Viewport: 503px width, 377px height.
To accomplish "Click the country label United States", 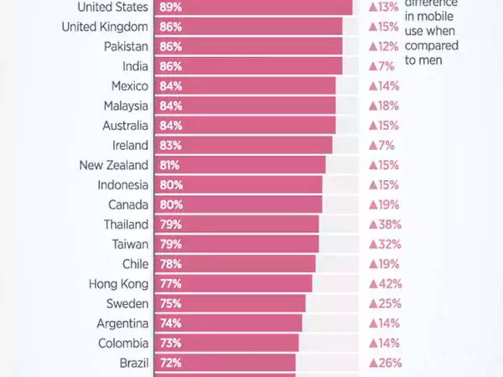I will tap(113, 7).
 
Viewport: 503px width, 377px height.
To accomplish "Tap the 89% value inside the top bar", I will tap(171, 7).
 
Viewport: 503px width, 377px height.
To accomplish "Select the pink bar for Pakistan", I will tap(248, 46).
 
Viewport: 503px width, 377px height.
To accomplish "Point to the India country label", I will tap(135, 66).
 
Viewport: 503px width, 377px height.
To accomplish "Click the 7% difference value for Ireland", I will tap(381, 145).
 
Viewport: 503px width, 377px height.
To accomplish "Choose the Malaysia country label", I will tap(126, 106).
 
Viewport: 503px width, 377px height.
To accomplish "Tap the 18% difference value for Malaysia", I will tap(384, 106).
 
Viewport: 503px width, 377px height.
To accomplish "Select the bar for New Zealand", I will tap(240, 165).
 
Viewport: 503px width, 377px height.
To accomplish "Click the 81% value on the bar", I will tap(169, 165).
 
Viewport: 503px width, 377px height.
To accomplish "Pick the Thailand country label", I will tap(126, 225).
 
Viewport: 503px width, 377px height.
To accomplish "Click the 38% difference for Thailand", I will tap(385, 225).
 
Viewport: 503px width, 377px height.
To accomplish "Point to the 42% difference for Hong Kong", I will tap(385, 284).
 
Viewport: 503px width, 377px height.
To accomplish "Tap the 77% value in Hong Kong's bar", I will tap(171, 284).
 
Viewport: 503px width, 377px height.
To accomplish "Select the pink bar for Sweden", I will tap(230, 304).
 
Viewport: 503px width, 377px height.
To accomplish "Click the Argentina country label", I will tap(122, 323).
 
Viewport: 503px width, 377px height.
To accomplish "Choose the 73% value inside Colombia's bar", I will tap(171, 343).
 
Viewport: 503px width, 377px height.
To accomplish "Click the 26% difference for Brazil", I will tap(385, 363).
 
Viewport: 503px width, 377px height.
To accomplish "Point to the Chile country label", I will tap(135, 264).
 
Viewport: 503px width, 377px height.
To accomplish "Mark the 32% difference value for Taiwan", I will tap(384, 244).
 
